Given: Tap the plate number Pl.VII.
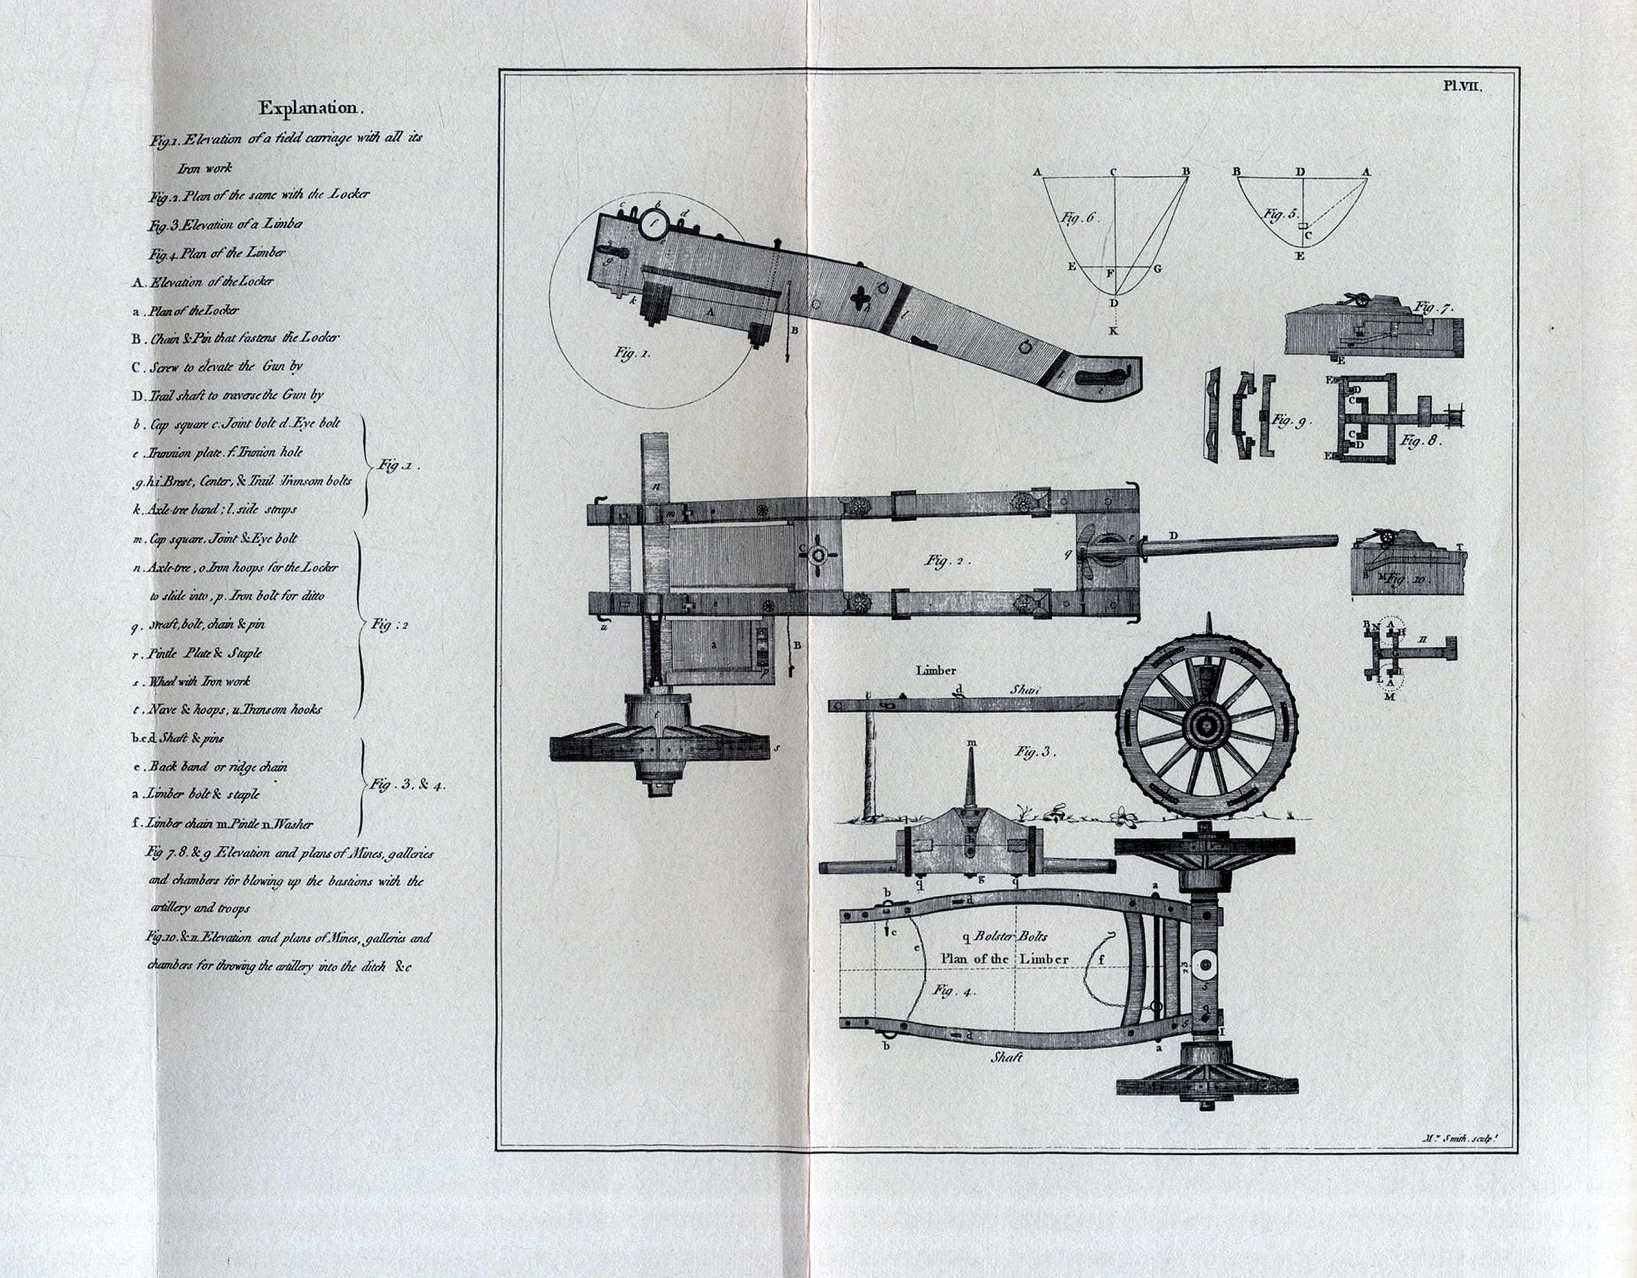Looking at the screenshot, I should pyautogui.click(x=1462, y=86).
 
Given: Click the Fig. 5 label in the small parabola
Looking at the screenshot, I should pyautogui.click(x=1279, y=215).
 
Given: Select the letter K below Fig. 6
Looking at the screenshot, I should pyautogui.click(x=1114, y=331).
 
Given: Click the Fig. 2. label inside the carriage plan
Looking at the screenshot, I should pyautogui.click(x=948, y=560).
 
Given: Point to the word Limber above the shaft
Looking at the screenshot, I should pyautogui.click(x=935, y=670).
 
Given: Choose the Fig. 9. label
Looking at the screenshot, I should pyautogui.click(x=1291, y=422).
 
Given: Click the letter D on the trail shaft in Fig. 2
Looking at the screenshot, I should pyautogui.click(x=1173, y=535).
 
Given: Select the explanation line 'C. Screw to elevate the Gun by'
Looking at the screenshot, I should pyautogui.click(x=217, y=367).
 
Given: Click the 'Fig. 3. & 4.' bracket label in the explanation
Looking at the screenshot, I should pyautogui.click(x=407, y=785).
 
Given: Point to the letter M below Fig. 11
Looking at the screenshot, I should pyautogui.click(x=1390, y=696).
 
